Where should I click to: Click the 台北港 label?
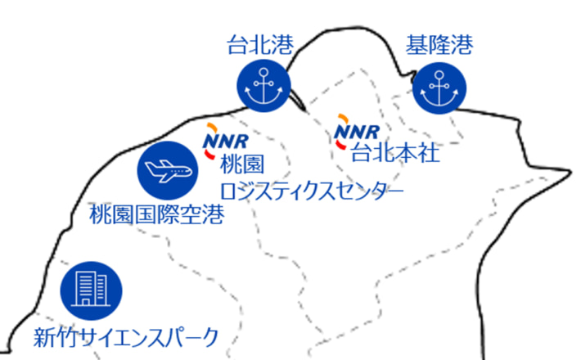point(259,46)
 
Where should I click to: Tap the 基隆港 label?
point(439,46)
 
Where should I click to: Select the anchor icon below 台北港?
point(263,87)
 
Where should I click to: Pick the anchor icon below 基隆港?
point(439,89)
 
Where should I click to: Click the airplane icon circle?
point(167,169)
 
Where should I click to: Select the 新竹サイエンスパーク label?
point(126,335)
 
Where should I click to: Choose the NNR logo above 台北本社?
point(358,131)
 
